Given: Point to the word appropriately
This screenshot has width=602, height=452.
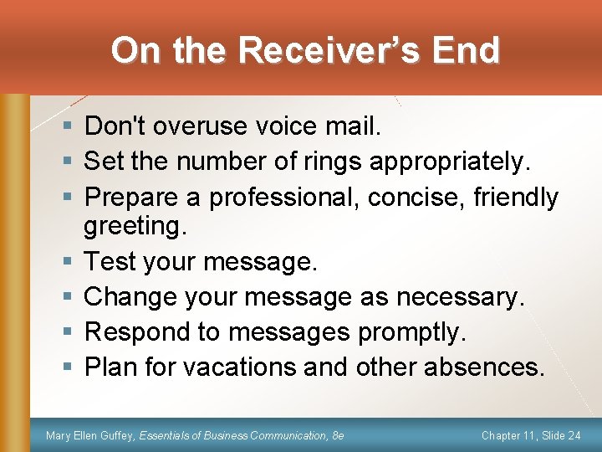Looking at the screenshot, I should click(x=451, y=161).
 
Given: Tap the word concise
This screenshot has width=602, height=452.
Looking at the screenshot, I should click(x=417, y=198).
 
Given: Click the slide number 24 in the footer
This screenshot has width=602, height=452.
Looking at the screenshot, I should click(x=574, y=435).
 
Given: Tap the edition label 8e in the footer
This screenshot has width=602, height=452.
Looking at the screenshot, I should click(x=338, y=435).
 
